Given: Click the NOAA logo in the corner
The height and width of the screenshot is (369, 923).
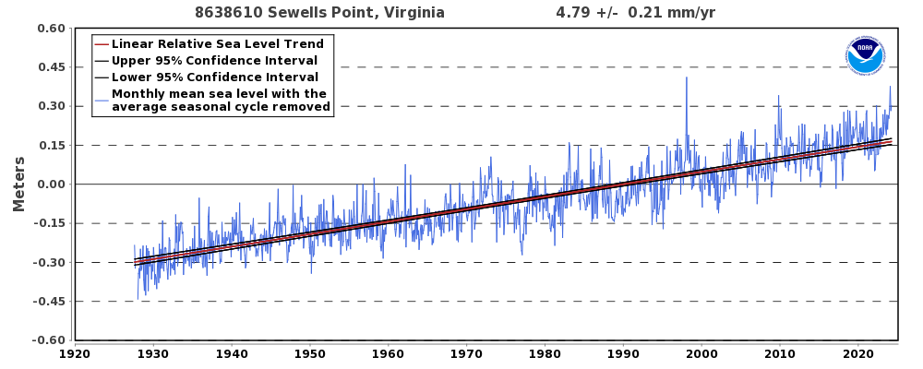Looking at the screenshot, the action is [865, 56].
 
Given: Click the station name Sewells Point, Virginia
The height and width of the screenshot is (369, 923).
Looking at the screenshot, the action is [356, 12].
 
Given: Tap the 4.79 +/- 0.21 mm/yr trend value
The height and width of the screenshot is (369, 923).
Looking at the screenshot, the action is [636, 12].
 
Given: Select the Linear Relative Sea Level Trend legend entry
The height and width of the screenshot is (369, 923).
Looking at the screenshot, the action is [218, 43].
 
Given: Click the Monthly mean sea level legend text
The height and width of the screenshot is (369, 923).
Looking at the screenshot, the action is [221, 100].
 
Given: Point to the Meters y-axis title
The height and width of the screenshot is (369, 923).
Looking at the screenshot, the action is [18, 184].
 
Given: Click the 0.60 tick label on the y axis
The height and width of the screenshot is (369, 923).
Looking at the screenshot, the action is [51, 29].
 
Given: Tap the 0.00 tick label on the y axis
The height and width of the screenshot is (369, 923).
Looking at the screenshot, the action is [51, 184].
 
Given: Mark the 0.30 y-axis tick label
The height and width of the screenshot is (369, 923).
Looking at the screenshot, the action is [51, 106].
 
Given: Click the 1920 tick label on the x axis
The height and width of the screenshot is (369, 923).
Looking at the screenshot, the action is [75, 354].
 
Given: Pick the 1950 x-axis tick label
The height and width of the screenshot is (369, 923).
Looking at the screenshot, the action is [309, 354].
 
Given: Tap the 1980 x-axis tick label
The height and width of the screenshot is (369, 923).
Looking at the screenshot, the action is [545, 354].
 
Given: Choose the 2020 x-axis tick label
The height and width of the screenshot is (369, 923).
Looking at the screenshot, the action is [857, 354].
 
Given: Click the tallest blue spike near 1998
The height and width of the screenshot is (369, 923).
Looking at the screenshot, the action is [686, 77].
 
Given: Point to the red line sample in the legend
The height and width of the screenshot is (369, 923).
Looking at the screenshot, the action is [102, 44].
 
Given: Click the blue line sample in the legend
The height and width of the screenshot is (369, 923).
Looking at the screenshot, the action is [102, 100].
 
